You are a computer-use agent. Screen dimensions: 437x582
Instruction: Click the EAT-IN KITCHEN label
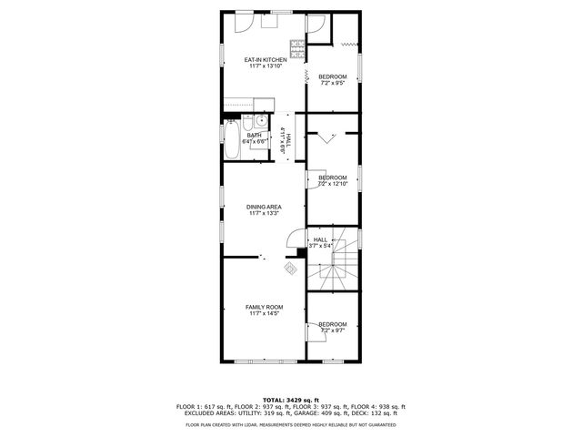click(x=264, y=60)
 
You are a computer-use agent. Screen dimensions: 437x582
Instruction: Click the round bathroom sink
click(x=261, y=121)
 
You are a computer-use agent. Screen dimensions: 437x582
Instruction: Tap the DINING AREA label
click(x=264, y=207)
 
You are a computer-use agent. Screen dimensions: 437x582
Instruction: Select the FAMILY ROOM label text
click(x=264, y=308)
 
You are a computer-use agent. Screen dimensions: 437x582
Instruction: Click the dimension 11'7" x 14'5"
click(x=264, y=314)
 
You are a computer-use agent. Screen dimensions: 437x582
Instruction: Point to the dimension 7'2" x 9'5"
click(x=332, y=83)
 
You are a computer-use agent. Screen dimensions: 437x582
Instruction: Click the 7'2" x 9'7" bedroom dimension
click(x=332, y=330)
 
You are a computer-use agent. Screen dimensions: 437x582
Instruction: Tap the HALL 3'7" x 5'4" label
click(x=321, y=242)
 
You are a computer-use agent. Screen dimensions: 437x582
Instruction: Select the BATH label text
click(x=254, y=136)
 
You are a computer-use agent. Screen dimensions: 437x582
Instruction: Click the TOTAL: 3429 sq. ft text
click(x=290, y=400)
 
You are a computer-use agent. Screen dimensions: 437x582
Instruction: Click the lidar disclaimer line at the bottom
click(x=290, y=425)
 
